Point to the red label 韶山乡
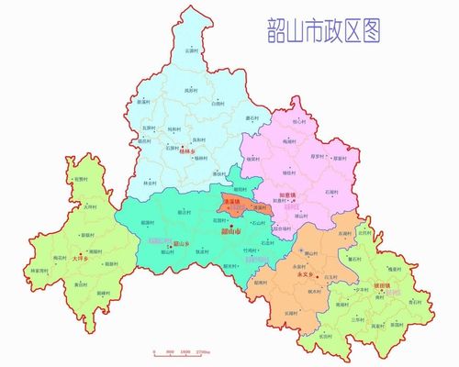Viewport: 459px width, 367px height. tap(182, 244)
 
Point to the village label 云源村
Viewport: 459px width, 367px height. tap(191, 50)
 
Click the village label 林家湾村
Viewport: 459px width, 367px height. tap(64, 271)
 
